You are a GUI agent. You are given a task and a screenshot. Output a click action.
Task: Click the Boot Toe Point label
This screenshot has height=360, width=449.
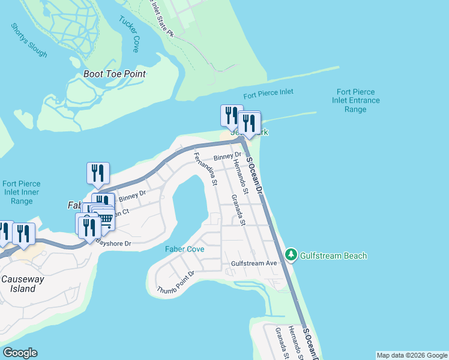point(115,74)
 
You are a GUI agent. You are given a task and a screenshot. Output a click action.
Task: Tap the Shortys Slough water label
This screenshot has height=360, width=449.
point(29,40)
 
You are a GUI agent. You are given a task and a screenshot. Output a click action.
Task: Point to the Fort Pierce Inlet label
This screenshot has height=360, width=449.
point(268,94)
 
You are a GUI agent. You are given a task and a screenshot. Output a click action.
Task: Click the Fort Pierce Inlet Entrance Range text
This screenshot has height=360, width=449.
point(355,101)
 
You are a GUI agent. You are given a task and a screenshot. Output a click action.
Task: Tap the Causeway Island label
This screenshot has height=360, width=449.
point(19,284)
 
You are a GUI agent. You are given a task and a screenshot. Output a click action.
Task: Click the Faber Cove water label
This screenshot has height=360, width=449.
point(185,249)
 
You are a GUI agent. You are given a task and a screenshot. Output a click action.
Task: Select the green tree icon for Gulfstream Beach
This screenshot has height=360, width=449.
point(291,255)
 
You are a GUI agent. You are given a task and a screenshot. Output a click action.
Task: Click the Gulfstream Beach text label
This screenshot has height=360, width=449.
point(334,256)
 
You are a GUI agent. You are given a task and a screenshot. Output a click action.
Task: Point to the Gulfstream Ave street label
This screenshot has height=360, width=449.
point(254,263)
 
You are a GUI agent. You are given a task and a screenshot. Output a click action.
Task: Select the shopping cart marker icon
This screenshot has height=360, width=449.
point(106,218)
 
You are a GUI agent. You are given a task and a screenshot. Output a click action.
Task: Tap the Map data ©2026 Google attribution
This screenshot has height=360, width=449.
point(411,355)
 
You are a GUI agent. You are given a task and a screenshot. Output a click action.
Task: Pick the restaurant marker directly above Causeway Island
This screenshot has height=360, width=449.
point(23,233)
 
